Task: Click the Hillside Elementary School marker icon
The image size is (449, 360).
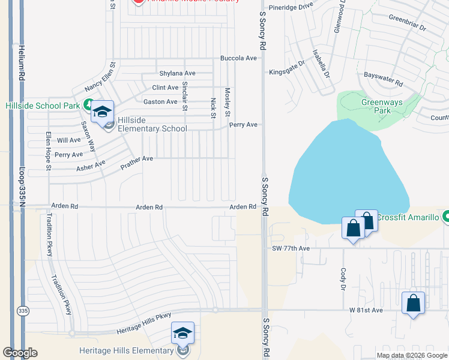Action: pos(102,112)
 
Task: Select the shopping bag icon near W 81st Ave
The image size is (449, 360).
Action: pos(413,303)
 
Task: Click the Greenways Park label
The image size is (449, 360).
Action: pos(382,107)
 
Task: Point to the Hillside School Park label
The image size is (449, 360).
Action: pos(43,106)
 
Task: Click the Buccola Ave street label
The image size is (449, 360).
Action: pos(238,58)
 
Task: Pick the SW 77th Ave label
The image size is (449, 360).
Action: pos(291,248)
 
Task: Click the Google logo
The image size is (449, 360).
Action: pos(20,353)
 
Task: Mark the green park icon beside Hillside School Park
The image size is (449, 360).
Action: pos(88,104)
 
